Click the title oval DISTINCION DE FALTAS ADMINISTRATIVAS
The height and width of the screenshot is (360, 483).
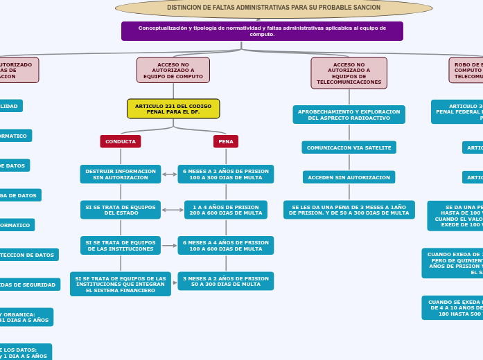pos(274,8)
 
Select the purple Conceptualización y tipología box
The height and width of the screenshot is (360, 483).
pos(262,31)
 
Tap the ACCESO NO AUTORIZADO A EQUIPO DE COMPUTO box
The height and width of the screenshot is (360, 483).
pos(173,70)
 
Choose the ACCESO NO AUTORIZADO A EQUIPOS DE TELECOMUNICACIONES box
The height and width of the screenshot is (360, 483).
pos(349,73)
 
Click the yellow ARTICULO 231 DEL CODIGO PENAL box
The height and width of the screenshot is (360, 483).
pos(173,109)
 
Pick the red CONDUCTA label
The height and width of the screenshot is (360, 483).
pos(121,141)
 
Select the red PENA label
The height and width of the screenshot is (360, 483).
pos(226,141)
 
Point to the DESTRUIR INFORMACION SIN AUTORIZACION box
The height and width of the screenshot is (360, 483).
pos(121,174)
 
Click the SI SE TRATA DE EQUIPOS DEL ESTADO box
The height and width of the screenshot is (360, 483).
pos(121,210)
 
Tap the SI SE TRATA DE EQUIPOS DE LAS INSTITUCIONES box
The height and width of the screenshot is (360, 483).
pos(121,246)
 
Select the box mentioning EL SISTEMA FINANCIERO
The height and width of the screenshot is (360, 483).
pos(121,284)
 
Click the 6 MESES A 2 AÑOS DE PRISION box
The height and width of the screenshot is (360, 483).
pos(226,174)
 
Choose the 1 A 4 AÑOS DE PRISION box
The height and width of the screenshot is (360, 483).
pos(226,210)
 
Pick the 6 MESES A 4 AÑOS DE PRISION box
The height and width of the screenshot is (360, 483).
pos(226,246)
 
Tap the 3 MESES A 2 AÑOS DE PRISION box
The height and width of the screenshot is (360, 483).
pos(226,281)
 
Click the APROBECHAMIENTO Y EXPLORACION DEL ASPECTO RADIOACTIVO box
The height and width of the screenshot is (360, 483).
pos(349,114)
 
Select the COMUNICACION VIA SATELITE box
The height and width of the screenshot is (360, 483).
pos(349,147)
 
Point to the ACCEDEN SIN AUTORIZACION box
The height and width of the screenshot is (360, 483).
pos(349,177)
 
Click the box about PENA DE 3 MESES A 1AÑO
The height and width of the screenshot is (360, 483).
pos(349,210)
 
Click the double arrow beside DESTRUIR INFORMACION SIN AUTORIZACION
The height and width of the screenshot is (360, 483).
pos(169,174)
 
